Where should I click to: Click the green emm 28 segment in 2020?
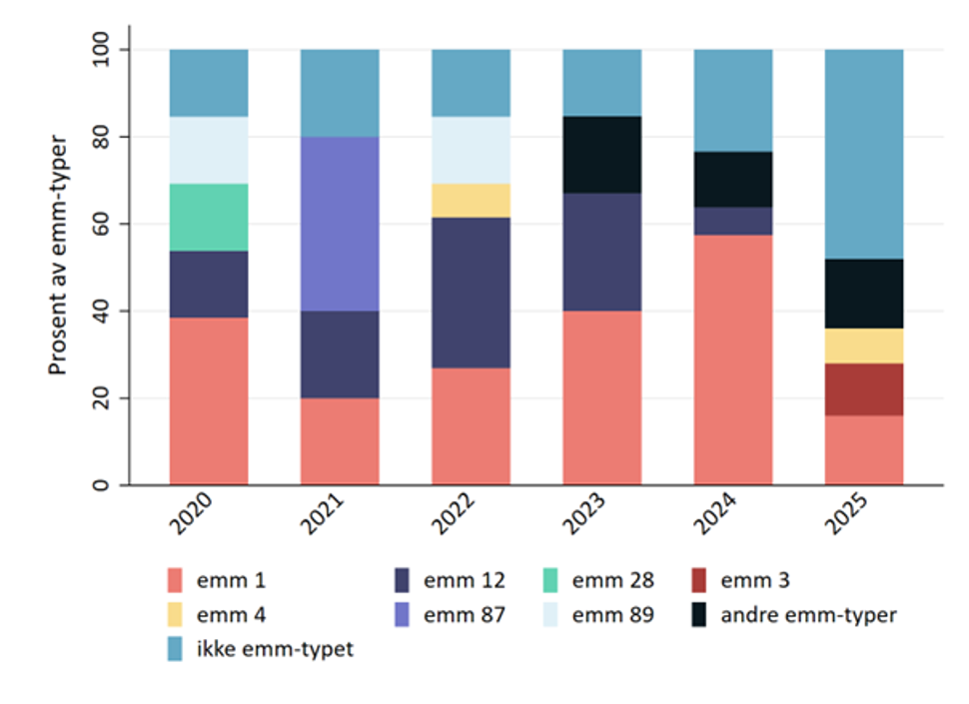pos(209,217)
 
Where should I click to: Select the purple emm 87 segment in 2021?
pos(340,224)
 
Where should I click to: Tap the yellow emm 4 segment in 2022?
pos(471,200)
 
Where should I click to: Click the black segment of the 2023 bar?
pos(601,155)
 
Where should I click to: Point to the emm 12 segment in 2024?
pos(732,220)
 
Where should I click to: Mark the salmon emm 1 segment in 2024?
pos(732,359)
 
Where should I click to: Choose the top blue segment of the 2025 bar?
pos(863,154)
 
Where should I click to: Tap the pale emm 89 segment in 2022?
pos(471,150)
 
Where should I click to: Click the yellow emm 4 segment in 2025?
pos(863,346)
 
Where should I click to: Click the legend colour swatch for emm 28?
pos(548,580)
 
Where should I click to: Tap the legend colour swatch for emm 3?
pos(698,580)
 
